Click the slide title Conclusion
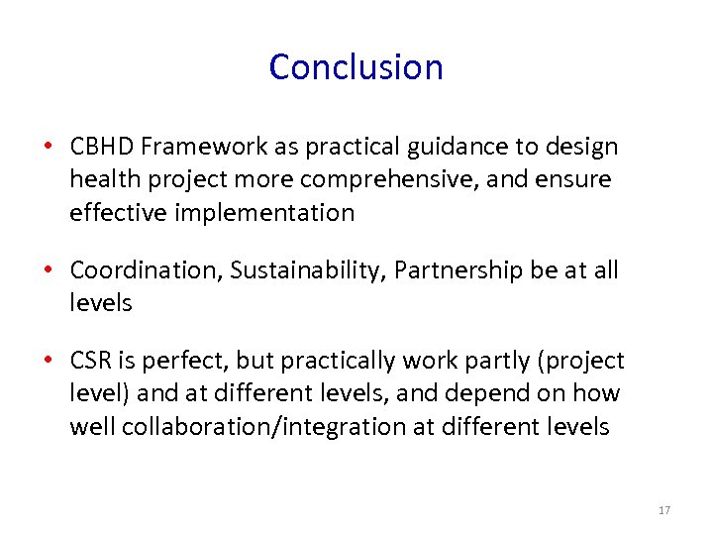tap(356, 67)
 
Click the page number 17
tap(663, 510)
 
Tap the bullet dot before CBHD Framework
tap(48, 148)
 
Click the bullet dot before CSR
tap(48, 362)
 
